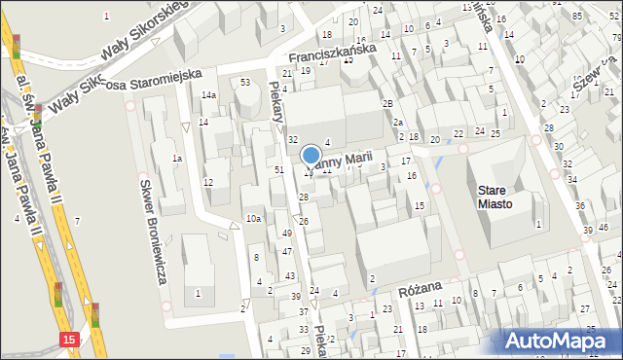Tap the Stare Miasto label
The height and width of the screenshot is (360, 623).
[504, 197]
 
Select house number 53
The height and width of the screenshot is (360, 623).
[245, 82]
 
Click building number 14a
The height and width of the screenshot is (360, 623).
[208, 94]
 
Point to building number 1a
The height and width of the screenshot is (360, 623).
[177, 158]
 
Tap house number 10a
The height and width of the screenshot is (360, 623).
[253, 219]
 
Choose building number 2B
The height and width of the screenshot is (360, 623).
[386, 103]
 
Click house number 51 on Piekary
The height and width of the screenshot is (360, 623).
[279, 169]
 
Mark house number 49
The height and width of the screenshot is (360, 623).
[286, 234]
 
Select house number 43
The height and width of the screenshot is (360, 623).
[290, 276]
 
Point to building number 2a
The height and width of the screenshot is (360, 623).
[397, 123]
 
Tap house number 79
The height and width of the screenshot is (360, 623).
[616, 37]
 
